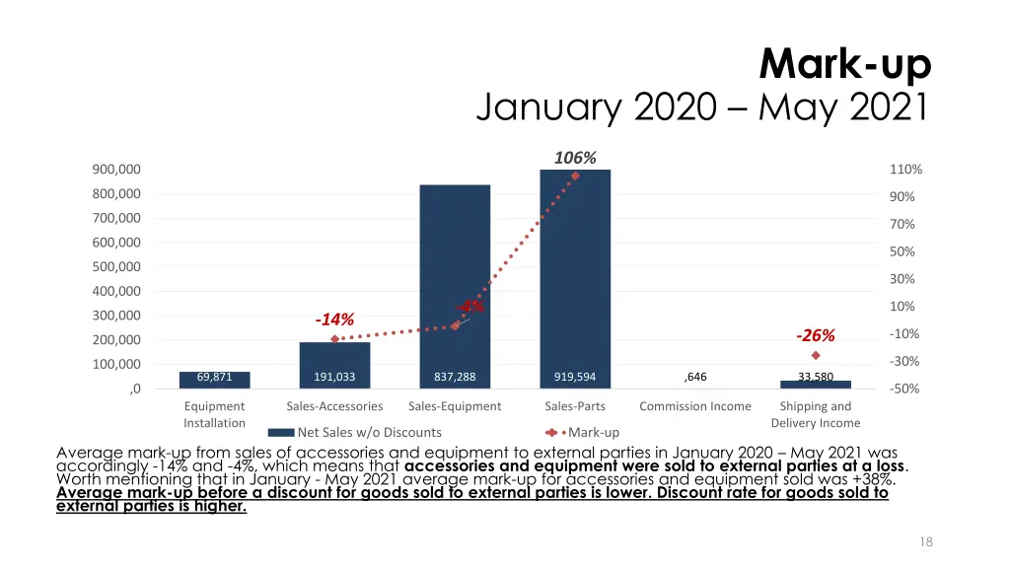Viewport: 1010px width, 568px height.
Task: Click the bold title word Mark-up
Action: pos(845,66)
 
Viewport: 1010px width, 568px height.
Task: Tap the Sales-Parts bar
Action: pos(575,276)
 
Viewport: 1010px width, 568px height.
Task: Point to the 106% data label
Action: pos(575,158)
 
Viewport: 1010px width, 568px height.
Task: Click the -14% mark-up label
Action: pos(334,319)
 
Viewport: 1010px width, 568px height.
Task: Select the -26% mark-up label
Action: pos(815,334)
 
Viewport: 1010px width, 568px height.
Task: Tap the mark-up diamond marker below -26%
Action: pos(816,355)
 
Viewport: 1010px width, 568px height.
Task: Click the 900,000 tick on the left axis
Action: pos(116,170)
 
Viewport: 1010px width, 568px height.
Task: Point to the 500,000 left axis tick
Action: pos(116,267)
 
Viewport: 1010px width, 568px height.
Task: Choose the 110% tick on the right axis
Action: pos(905,170)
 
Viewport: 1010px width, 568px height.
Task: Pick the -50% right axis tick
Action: pos(904,389)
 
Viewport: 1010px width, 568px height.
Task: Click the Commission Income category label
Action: pos(694,406)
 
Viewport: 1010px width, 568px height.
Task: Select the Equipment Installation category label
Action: pos(214,414)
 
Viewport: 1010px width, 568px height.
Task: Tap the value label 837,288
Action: pos(455,377)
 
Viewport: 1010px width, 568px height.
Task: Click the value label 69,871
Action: pos(214,377)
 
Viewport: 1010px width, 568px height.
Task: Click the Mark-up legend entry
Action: pos(593,432)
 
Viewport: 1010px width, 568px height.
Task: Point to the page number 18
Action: pos(925,541)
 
